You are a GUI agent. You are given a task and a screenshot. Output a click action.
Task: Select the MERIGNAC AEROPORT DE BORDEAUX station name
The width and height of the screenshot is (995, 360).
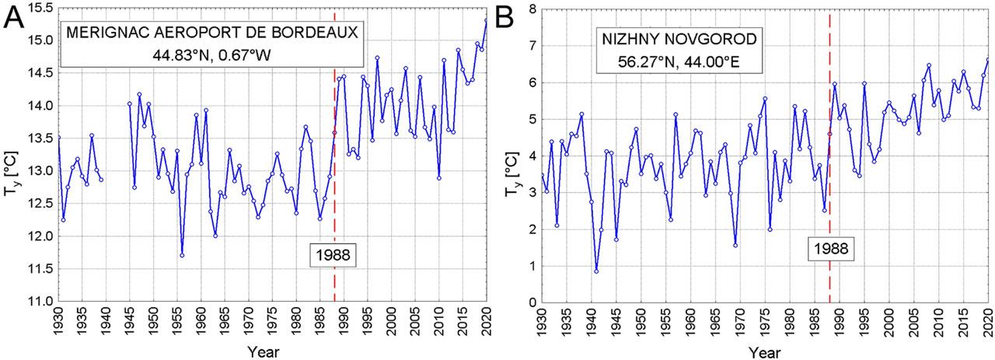[x=211, y=33]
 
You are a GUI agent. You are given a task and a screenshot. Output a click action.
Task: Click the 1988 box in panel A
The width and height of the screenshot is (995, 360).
[x=333, y=254]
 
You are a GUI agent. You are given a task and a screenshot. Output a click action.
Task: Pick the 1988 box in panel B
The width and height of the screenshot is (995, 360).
[x=829, y=248]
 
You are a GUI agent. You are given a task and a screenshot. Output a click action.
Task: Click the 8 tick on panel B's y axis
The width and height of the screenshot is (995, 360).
[x=531, y=9]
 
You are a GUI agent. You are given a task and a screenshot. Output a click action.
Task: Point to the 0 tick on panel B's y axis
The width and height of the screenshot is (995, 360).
[x=531, y=303]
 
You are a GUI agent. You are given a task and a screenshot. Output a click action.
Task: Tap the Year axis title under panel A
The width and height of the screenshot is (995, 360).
[x=263, y=351]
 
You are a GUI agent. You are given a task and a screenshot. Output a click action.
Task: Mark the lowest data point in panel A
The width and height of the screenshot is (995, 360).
[x=182, y=255]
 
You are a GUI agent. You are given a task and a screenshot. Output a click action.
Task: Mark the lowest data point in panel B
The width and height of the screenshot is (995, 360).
[x=596, y=271]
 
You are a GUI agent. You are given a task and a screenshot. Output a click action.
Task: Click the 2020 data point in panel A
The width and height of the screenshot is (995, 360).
[x=487, y=20]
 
